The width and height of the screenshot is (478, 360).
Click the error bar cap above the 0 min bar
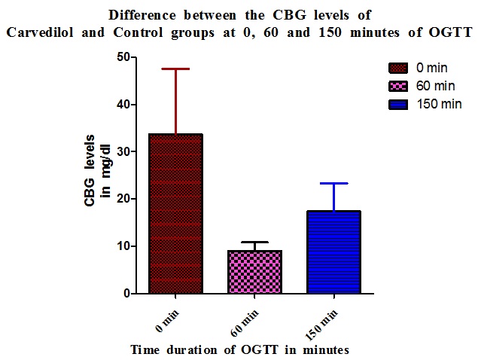(175, 69)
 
